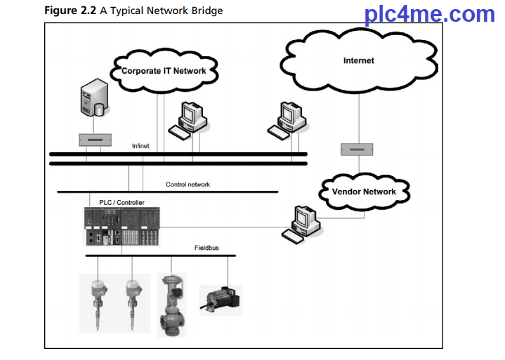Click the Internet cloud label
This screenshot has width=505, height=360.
[358, 61]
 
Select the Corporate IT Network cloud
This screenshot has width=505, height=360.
[164, 71]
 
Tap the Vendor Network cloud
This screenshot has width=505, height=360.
[364, 191]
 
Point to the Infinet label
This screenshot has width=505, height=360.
[140, 146]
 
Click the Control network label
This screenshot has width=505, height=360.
[188, 185]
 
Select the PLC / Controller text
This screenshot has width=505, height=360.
[122, 202]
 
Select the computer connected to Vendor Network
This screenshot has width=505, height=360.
[300, 222]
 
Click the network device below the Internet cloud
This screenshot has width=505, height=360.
[356, 149]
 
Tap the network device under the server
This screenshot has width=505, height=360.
[96, 140]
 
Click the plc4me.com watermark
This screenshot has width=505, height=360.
[429, 14]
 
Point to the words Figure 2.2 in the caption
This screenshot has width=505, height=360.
[69, 11]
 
